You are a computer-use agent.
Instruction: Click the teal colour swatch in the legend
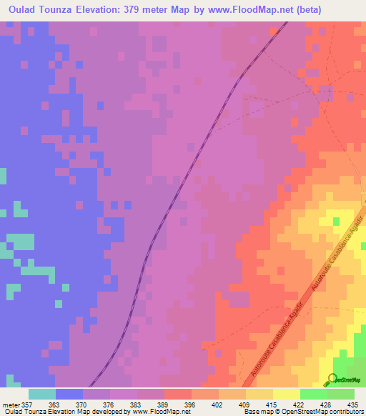pyautogui.click(x=42, y=394)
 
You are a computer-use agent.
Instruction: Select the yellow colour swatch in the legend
pyautogui.click(x=286, y=394)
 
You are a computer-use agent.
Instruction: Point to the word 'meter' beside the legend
pyautogui.click(x=11, y=405)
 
